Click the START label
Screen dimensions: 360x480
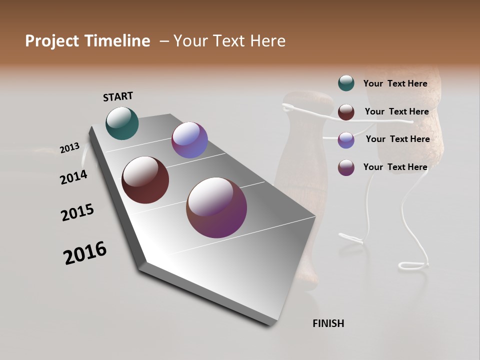118,96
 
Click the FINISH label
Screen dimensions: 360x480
328,323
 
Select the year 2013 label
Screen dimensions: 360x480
69,147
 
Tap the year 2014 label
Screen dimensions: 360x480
73,177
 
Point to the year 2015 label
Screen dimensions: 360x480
77,212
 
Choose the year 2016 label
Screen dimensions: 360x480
85,253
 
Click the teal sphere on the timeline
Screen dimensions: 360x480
122,123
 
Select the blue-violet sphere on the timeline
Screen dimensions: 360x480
189,140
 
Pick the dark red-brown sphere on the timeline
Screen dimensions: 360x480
145,180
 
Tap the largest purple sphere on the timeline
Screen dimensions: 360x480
216,207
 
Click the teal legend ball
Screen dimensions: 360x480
346,83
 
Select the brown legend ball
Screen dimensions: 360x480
346,111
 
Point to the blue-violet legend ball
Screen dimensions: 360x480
346,139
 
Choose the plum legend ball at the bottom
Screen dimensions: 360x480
346,167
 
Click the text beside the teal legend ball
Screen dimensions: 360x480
395,83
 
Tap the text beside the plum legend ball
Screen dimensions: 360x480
395,167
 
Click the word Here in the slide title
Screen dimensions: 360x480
267,41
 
